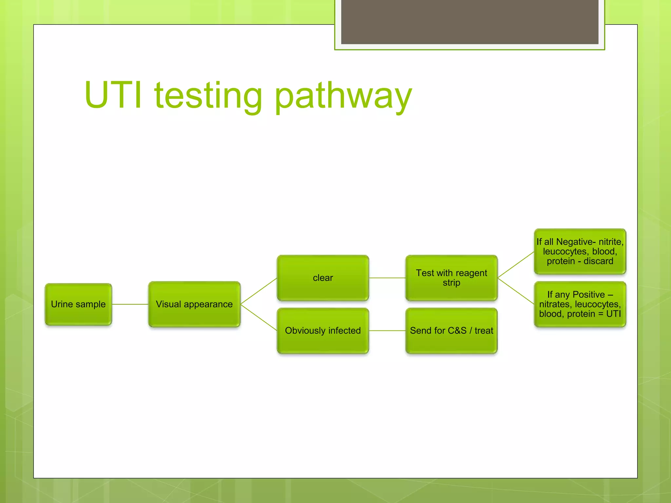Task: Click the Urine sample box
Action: (78, 304)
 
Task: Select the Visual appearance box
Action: (194, 304)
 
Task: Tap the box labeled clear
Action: (323, 278)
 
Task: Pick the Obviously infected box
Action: (323, 331)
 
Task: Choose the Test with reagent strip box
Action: (451, 278)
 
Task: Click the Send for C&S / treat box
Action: (451, 331)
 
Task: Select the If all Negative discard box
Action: (580, 251)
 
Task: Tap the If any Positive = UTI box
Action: (580, 304)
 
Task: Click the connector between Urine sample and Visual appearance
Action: (130, 304)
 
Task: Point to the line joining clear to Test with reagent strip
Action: (387, 278)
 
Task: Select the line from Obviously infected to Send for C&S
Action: (387, 331)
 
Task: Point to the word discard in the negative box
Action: (598, 261)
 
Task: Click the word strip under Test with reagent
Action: (451, 283)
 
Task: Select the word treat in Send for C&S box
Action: (484, 331)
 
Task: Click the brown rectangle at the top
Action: (470, 22)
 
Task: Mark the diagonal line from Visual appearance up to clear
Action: (259, 291)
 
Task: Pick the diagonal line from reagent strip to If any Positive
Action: (516, 291)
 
